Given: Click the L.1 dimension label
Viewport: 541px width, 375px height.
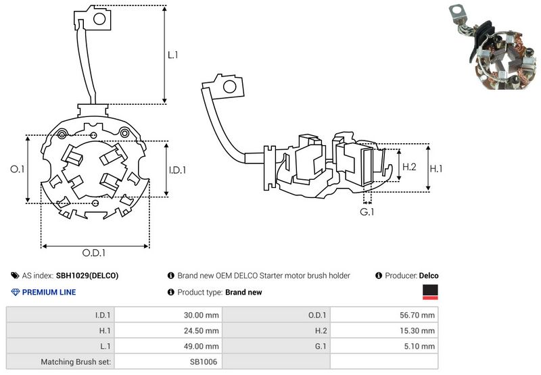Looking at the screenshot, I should [x=173, y=55].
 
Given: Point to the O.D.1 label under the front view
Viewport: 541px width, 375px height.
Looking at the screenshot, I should [x=95, y=253].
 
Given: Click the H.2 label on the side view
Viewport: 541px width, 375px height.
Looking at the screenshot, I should [x=410, y=166].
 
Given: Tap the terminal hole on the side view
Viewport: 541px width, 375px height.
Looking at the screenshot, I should [x=229, y=86].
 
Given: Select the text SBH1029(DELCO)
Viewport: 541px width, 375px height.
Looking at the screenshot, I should [x=87, y=276].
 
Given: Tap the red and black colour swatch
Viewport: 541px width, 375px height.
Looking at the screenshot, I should [x=430, y=292].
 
